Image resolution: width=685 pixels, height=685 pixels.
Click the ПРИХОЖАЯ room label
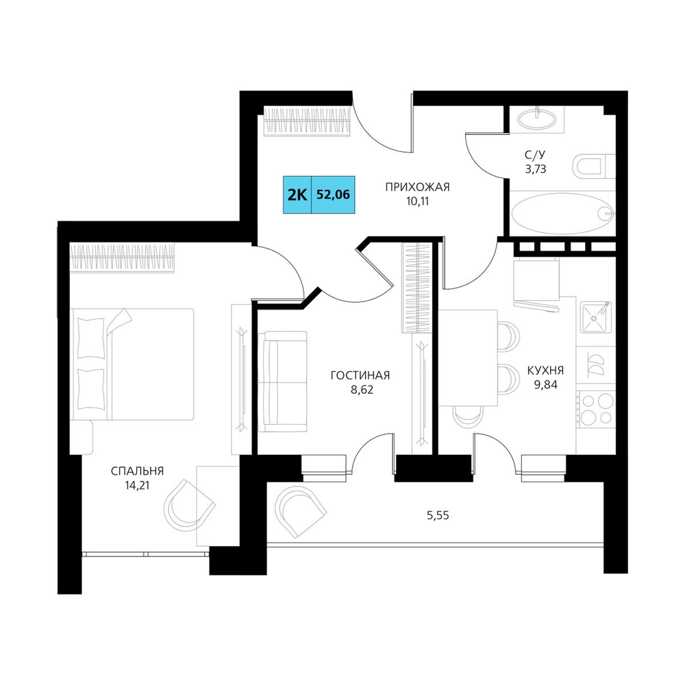(417, 187)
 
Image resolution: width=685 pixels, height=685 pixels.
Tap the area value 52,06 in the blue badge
(333, 195)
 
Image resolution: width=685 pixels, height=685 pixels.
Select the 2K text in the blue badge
(297, 195)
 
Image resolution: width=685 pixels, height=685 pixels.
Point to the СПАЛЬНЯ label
(137, 471)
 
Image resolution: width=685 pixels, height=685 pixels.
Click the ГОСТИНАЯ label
(360, 375)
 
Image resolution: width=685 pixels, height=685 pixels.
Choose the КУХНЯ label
(545, 371)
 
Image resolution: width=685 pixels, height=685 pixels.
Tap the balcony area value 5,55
(438, 516)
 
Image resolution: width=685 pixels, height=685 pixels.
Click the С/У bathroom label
(535, 155)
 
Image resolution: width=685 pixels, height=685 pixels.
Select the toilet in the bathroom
(594, 166)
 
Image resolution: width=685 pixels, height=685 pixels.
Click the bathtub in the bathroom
(562, 213)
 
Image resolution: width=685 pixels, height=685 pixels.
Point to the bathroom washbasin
(536, 118)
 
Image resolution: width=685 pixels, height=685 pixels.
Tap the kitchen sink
(596, 317)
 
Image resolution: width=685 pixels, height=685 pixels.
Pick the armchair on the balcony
(300, 511)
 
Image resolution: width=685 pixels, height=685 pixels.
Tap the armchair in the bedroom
(189, 505)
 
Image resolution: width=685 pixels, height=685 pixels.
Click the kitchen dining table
(469, 358)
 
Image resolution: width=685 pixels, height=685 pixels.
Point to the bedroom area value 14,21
(137, 486)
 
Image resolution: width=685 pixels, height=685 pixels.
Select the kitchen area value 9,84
(545, 385)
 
